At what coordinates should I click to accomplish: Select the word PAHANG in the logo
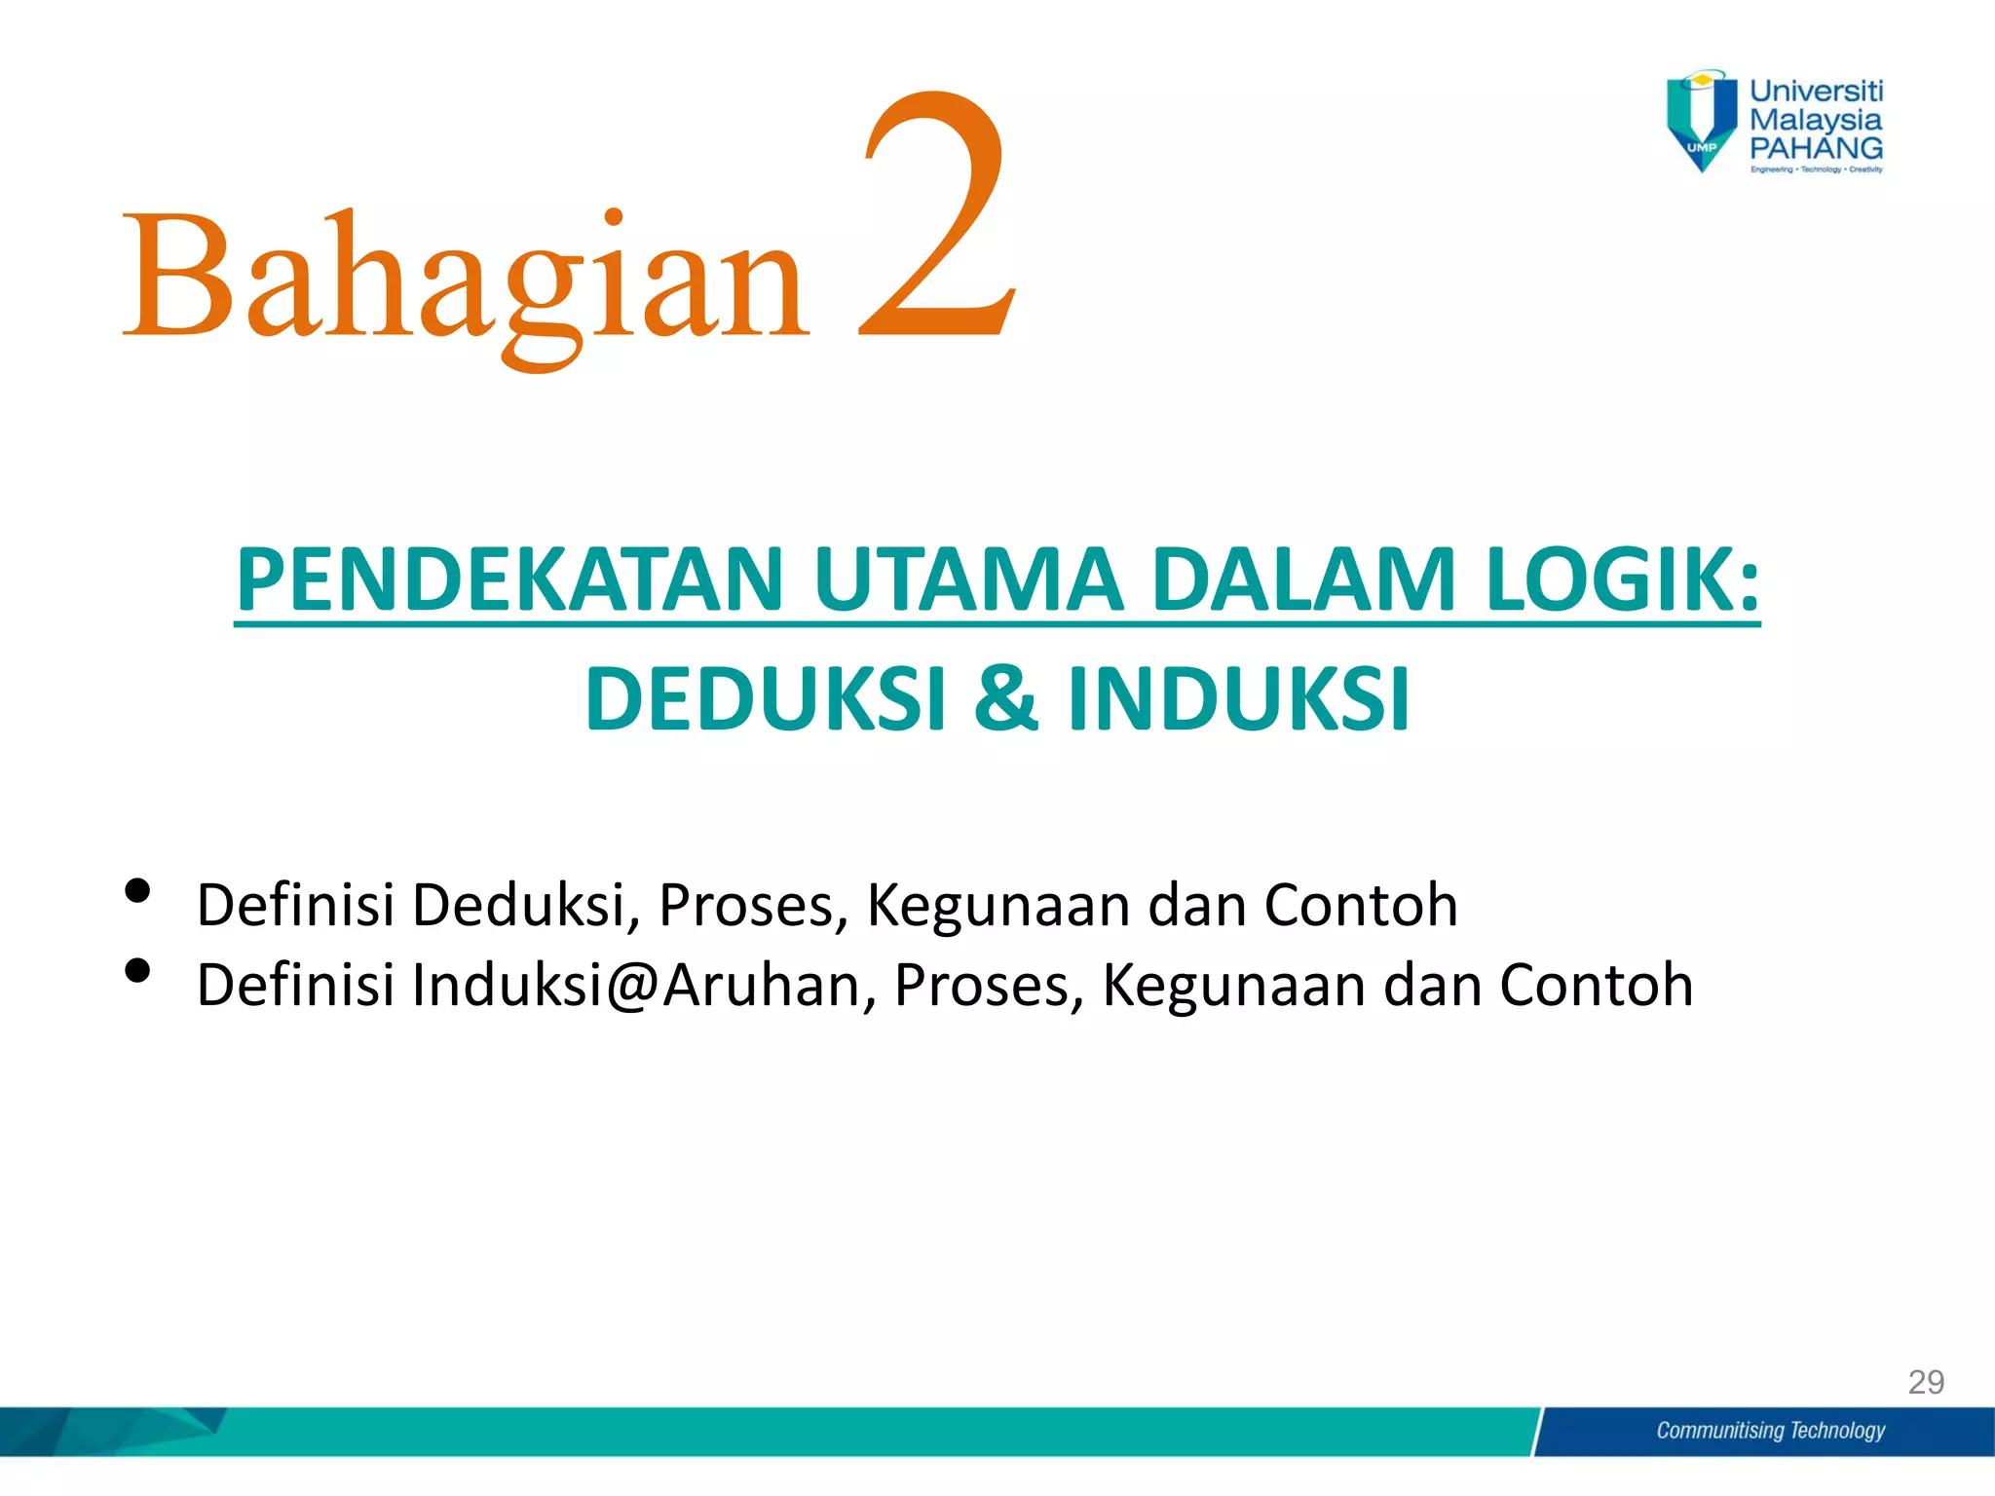pyautogui.click(x=1816, y=148)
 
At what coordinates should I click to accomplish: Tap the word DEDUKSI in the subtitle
pyautogui.click(x=766, y=698)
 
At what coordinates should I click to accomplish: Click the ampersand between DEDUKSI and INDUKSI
pyautogui.click(x=1005, y=698)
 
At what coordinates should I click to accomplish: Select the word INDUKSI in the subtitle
pyautogui.click(x=1238, y=698)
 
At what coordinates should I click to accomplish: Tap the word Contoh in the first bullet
pyautogui.click(x=1360, y=905)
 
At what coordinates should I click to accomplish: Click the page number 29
pyautogui.click(x=1926, y=1382)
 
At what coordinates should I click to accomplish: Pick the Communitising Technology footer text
pyautogui.click(x=1770, y=1431)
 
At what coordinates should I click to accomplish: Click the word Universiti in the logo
pyautogui.click(x=1816, y=92)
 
